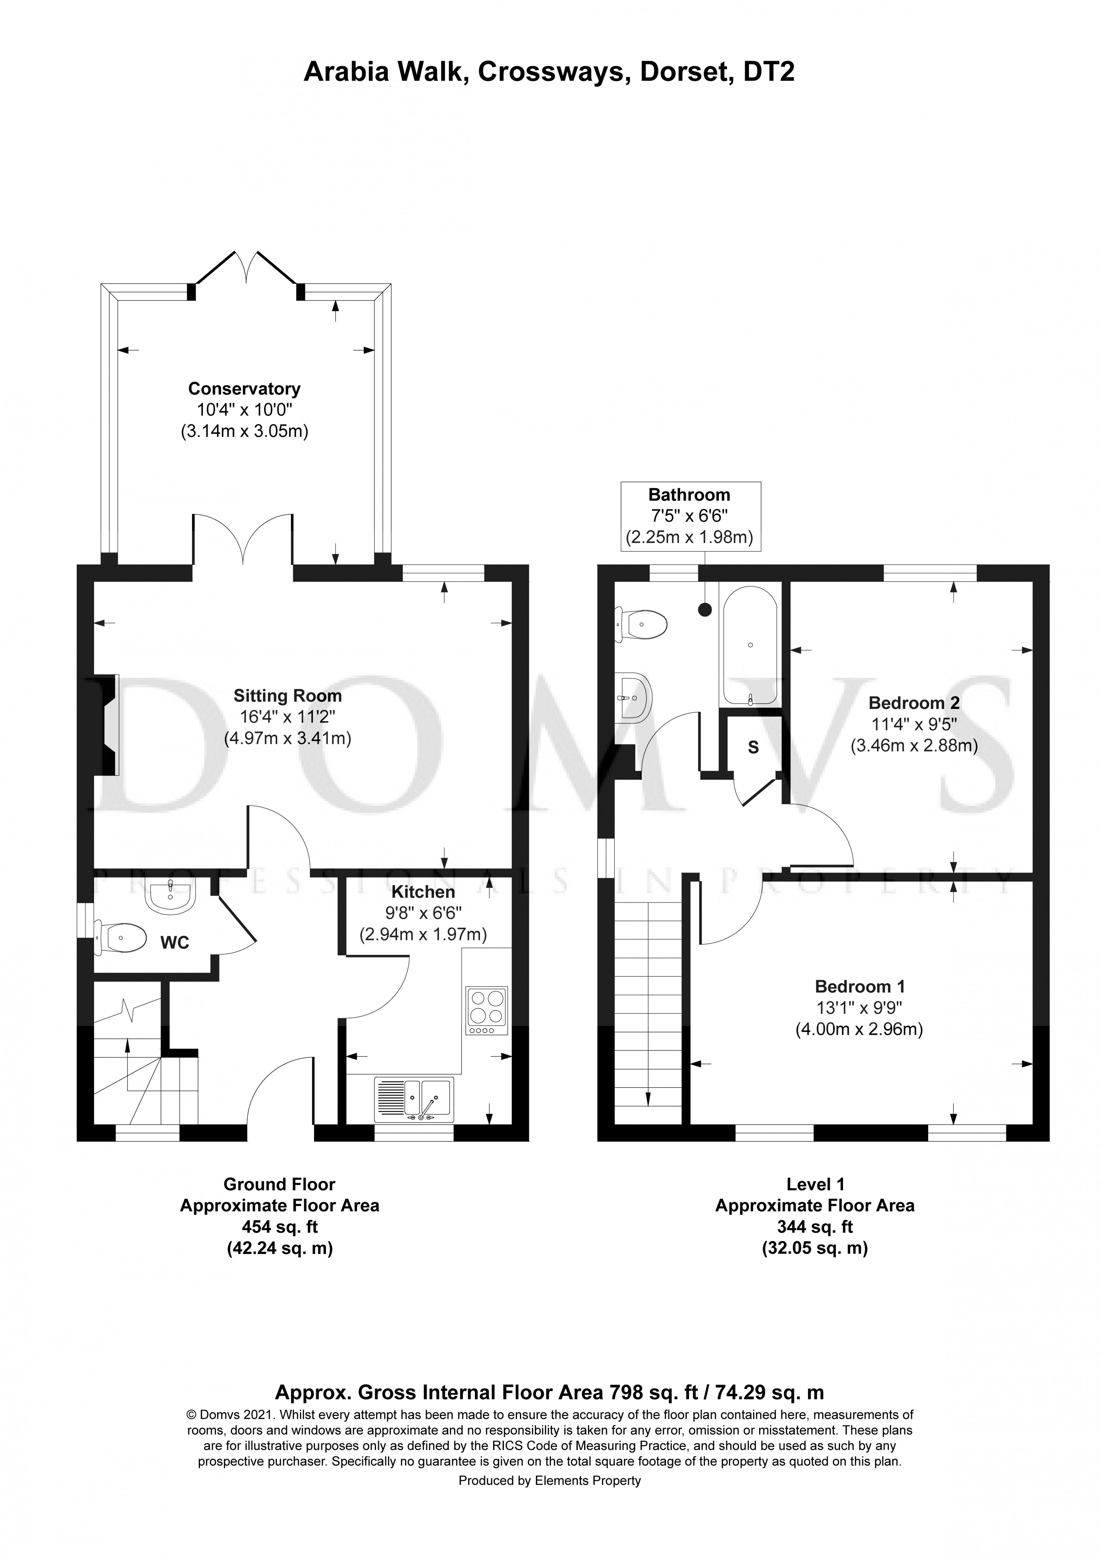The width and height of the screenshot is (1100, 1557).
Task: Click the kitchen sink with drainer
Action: tap(413, 1099)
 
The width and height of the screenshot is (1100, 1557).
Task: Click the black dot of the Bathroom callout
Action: tap(705, 610)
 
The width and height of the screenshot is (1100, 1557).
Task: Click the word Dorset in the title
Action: tap(685, 71)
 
